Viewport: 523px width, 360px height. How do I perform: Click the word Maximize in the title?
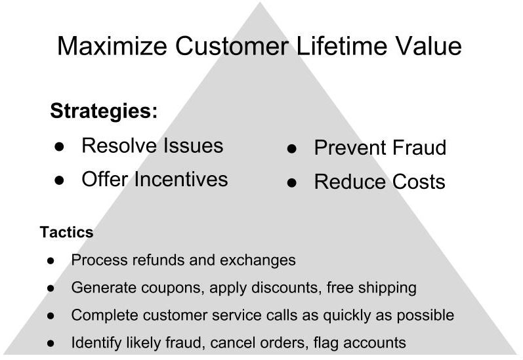point(112,46)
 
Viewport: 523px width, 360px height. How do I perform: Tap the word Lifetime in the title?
point(341,46)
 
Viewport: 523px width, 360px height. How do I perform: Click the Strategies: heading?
point(104,111)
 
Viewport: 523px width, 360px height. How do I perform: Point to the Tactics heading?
point(67,232)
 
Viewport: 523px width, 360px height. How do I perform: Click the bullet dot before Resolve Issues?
point(59,147)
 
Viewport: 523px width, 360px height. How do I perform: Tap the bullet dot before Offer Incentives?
point(59,180)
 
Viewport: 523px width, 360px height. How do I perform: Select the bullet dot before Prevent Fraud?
point(291,149)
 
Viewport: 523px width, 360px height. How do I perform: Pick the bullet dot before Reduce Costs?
point(291,183)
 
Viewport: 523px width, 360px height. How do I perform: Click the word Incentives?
point(181,179)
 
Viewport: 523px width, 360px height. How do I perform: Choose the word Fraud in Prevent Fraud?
point(419,148)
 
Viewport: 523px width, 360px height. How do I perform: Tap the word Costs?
point(419,182)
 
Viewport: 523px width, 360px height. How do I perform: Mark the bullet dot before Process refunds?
point(51,260)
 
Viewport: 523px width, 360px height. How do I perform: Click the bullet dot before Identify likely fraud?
point(51,343)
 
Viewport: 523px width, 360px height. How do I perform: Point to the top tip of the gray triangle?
point(260,3)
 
